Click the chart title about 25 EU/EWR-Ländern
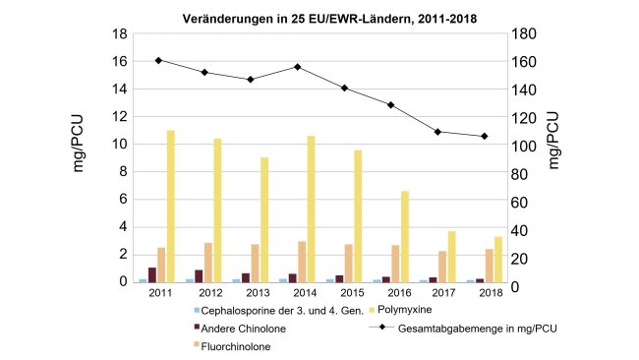(x=319, y=18)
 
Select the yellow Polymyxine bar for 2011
(x=170, y=207)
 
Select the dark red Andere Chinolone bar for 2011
(x=152, y=274)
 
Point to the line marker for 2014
(x=297, y=67)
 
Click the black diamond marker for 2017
(x=437, y=132)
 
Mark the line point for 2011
(x=159, y=60)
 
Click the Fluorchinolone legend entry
(x=237, y=346)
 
